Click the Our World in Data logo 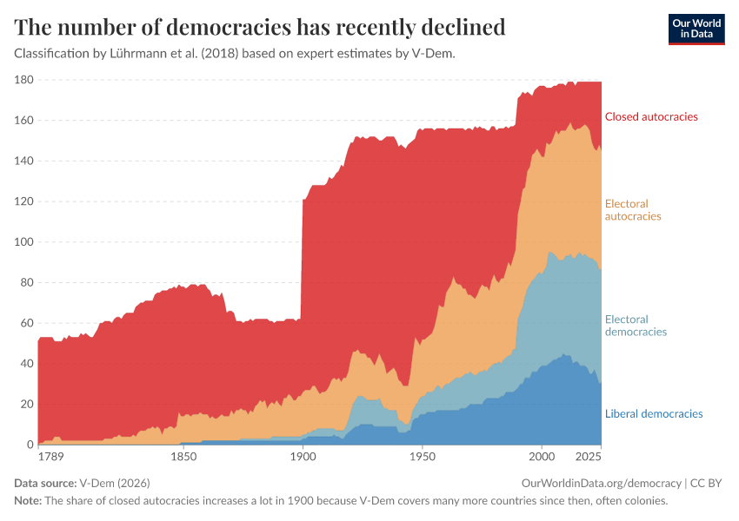pos(696,29)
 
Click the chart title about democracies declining pos(260,27)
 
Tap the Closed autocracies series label pos(651,116)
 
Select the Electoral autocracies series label pos(633,210)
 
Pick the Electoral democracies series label pos(636,326)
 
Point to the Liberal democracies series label pos(654,413)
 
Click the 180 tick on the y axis pos(23,80)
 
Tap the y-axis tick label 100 pos(23,242)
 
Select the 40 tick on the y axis pos(26,364)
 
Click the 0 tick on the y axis pos(30,445)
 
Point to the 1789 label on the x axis pos(50,456)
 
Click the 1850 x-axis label pos(183,456)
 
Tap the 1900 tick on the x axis pos(302,456)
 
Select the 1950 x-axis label pos(422,456)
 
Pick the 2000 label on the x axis pos(541,456)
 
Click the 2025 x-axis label pos(589,456)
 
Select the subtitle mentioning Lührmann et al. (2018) pos(235,53)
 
